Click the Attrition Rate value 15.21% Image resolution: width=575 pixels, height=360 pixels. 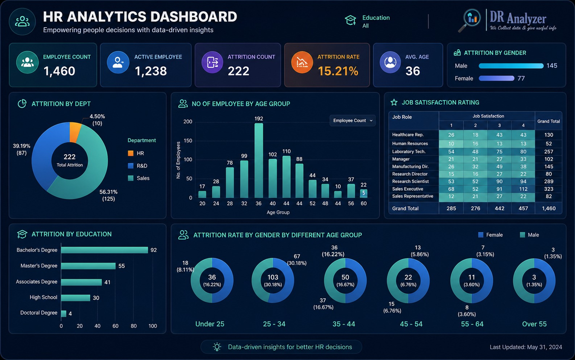338,71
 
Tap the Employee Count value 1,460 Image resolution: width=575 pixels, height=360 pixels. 59,71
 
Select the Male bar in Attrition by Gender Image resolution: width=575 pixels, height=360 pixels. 511,66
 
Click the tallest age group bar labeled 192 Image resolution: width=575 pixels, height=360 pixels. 259,160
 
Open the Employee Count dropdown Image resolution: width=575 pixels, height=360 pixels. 352,121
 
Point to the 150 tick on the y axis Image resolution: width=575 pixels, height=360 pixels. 187,141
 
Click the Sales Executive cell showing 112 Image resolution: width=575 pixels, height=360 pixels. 523,189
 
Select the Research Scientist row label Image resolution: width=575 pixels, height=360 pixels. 410,181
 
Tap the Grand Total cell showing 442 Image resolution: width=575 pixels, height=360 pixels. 499,208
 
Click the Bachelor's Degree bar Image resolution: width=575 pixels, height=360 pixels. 104,250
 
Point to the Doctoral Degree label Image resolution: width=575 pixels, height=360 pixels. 39,313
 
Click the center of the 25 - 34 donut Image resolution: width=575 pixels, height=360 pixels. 273,280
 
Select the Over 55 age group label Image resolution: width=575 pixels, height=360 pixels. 534,324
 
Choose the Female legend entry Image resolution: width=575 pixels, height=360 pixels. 490,235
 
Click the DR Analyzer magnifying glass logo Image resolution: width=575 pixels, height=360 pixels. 470,20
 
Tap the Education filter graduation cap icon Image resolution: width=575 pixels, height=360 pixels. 350,20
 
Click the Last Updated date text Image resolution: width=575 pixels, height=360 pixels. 526,347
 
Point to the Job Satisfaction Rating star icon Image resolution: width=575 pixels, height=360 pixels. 394,103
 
